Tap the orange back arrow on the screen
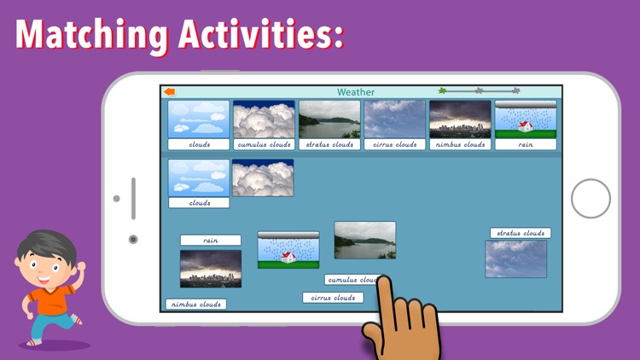(170, 92)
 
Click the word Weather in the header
(356, 92)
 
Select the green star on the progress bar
(442, 90)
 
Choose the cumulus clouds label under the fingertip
(351, 280)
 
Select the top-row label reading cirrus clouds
(395, 145)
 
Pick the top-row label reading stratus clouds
(329, 145)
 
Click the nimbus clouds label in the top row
(460, 145)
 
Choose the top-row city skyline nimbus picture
(460, 120)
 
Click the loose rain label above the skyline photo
(210, 241)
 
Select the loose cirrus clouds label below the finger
(333, 298)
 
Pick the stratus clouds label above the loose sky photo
(521, 233)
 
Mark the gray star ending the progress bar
(515, 90)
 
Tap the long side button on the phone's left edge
(133, 199)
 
